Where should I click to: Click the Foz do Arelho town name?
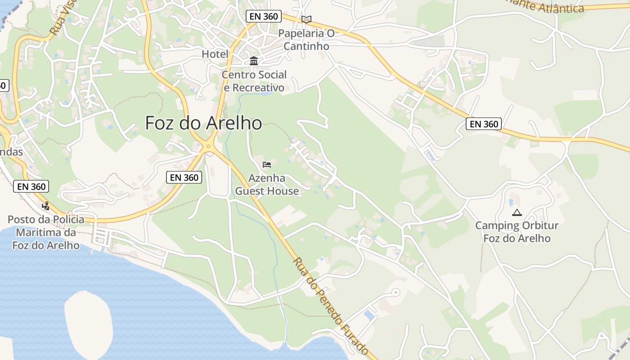(x=203, y=123)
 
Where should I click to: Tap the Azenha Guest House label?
(x=267, y=184)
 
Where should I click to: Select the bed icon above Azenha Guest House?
(x=267, y=164)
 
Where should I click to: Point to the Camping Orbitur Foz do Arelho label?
(x=517, y=231)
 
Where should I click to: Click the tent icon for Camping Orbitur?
(x=517, y=212)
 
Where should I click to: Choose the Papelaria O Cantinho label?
(x=306, y=40)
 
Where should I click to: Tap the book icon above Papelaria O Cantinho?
(x=306, y=19)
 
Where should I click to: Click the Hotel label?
(x=215, y=54)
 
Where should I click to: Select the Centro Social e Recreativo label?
(x=254, y=81)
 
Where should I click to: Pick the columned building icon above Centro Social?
(x=254, y=61)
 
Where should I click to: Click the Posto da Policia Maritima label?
(x=46, y=232)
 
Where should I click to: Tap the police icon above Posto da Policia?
(x=45, y=206)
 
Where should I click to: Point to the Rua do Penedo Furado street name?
(x=331, y=306)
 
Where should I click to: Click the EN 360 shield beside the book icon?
(x=264, y=17)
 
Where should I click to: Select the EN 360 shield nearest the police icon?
(x=31, y=186)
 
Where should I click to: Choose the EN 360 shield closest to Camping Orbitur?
(x=484, y=124)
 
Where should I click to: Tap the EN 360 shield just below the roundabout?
(x=184, y=177)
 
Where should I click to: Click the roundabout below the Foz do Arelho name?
(x=208, y=146)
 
